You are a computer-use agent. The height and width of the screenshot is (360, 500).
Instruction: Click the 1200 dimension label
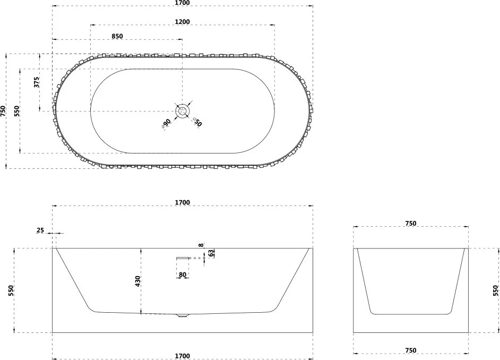coord(183,22)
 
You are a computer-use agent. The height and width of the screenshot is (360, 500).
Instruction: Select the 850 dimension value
coord(117,36)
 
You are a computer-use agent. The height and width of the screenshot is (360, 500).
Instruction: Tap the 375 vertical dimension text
coord(37,82)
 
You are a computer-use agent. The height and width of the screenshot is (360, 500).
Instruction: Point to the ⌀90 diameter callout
coord(167,123)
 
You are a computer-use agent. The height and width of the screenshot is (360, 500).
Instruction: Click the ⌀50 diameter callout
coord(197,122)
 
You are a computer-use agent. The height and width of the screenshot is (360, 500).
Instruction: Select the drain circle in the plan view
coord(183,112)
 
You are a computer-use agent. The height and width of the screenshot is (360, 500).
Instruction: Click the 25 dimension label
coord(40,230)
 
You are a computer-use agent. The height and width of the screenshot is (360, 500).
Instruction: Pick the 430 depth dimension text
coord(137,281)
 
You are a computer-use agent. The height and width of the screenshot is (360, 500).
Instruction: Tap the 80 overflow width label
coord(183,275)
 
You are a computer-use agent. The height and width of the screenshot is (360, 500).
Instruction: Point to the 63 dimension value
coord(211,253)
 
